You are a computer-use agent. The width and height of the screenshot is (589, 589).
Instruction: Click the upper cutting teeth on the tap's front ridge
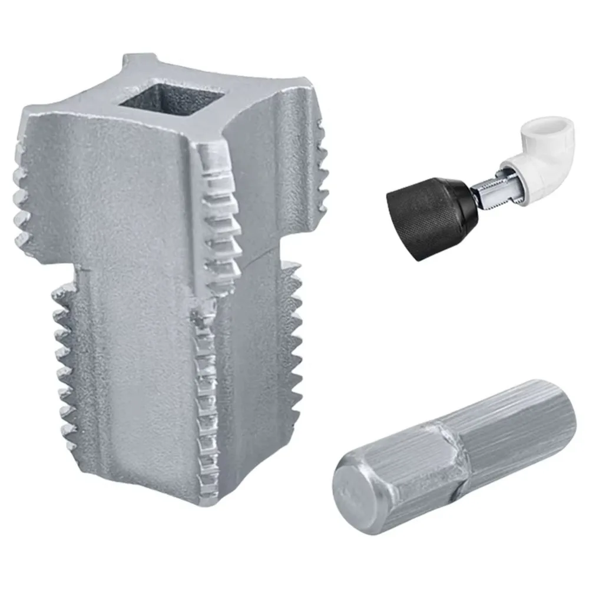click(x=221, y=218)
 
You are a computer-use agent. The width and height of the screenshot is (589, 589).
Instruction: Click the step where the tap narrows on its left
click(x=77, y=268)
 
